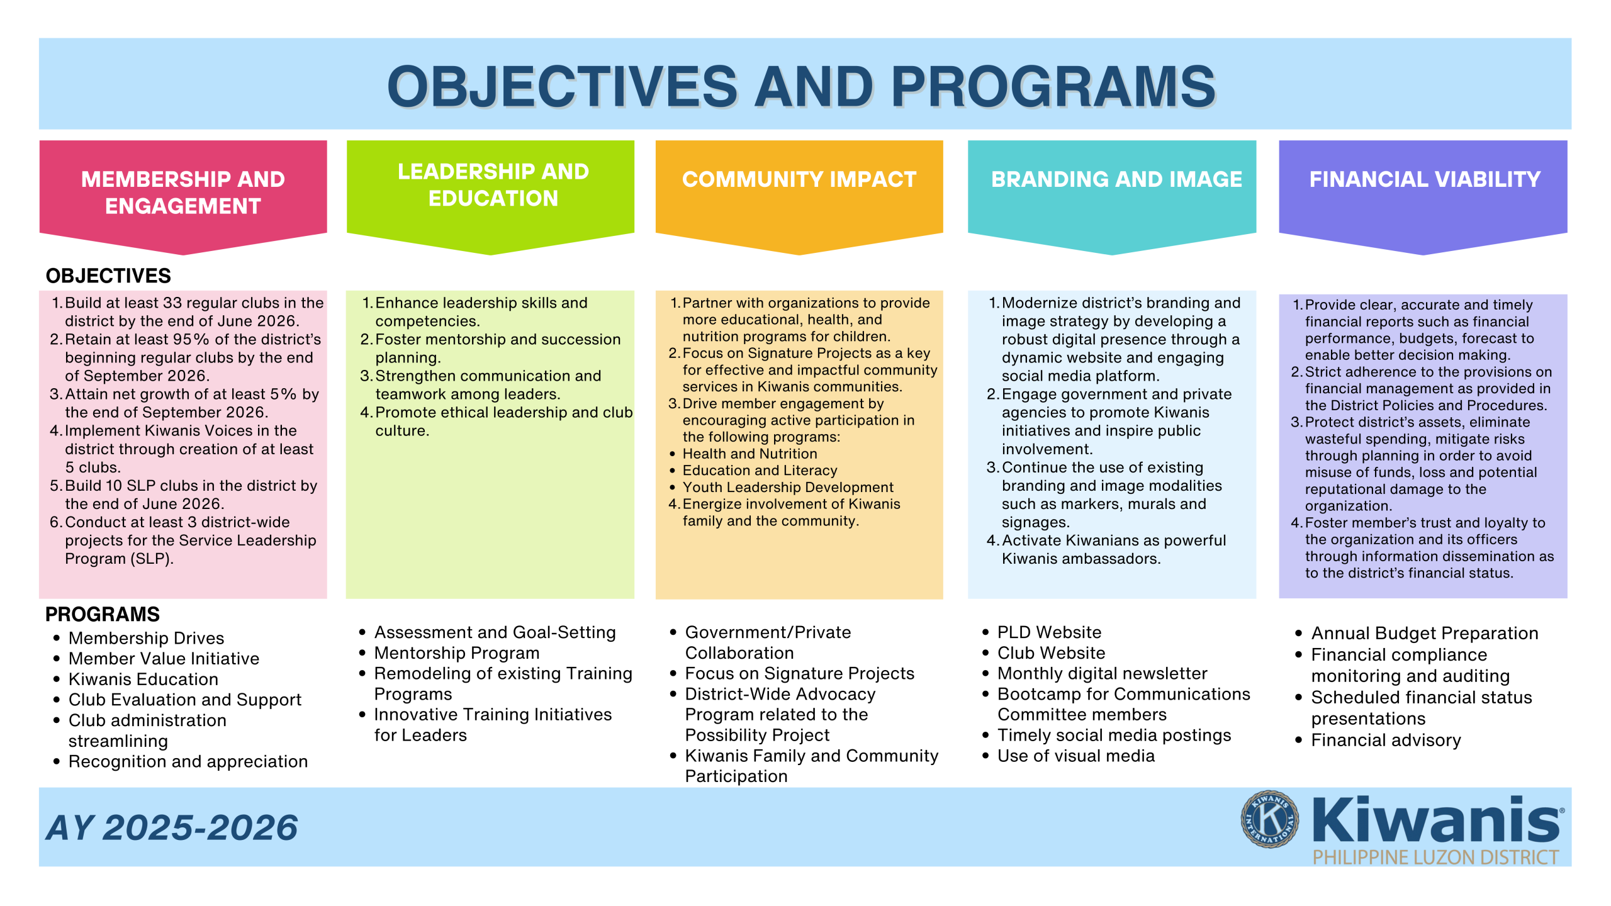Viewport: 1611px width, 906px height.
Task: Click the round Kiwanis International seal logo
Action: pyautogui.click(x=1269, y=819)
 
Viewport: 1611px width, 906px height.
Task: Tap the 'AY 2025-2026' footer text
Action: pyautogui.click(x=172, y=827)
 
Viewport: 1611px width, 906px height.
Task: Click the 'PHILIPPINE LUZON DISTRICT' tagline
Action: pyautogui.click(x=1435, y=858)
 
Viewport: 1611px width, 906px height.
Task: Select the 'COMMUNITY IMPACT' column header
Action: pyautogui.click(x=799, y=179)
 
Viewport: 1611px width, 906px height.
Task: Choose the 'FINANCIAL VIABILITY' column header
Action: pyautogui.click(x=1425, y=179)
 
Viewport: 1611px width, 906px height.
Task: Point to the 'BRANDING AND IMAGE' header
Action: pyautogui.click(x=1116, y=179)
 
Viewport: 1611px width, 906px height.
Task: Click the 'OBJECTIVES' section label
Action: pyautogui.click(x=108, y=276)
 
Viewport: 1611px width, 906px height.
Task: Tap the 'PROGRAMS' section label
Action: pyautogui.click(x=103, y=614)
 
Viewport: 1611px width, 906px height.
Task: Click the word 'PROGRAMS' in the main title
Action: pyautogui.click(x=1053, y=87)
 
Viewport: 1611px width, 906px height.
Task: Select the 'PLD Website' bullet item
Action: pyautogui.click(x=1049, y=632)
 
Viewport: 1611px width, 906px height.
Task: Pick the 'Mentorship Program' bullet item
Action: pyautogui.click(x=457, y=653)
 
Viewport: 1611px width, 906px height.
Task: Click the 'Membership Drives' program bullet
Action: pyautogui.click(x=146, y=638)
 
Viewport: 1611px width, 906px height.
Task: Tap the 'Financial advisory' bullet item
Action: pyautogui.click(x=1386, y=741)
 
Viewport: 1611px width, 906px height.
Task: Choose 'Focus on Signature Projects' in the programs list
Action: pyautogui.click(x=799, y=673)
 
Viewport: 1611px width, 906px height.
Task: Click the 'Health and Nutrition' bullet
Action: pyautogui.click(x=750, y=454)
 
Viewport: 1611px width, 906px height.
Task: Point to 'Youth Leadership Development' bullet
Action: pyautogui.click(x=788, y=487)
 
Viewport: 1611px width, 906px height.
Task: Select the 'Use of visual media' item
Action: pyautogui.click(x=1076, y=756)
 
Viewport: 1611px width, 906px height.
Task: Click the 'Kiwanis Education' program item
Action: pyautogui.click(x=143, y=679)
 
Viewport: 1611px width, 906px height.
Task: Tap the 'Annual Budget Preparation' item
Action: pyautogui.click(x=1425, y=633)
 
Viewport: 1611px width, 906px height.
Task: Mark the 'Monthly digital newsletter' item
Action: pyautogui.click(x=1103, y=673)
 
